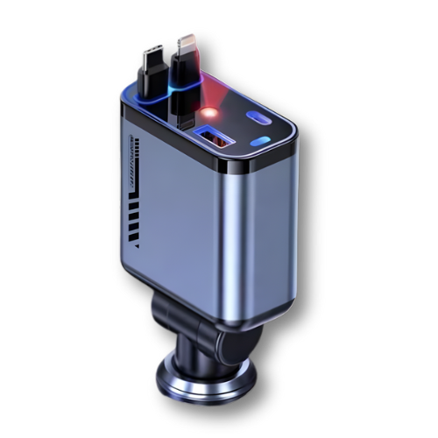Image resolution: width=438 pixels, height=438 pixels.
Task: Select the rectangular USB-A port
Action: (x=212, y=138)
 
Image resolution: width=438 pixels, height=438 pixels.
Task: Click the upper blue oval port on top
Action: (x=261, y=118)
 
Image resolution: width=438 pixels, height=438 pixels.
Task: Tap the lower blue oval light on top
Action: (x=259, y=141)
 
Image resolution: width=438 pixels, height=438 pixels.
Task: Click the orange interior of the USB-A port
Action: (x=213, y=137)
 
